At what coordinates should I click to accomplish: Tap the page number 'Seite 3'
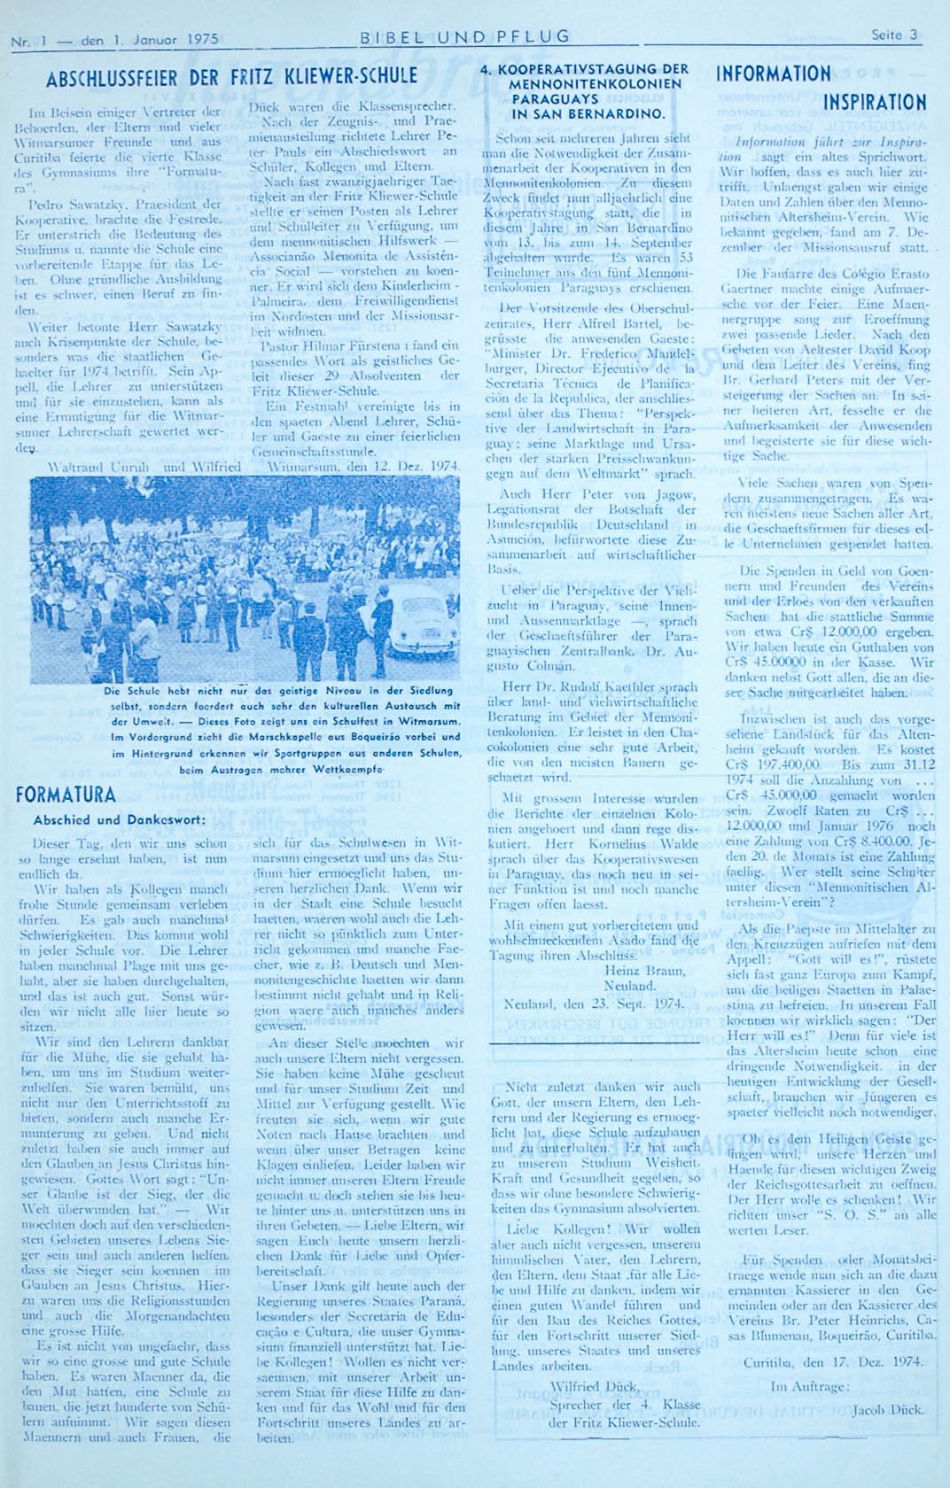point(893,36)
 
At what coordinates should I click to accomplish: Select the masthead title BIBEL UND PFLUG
point(464,37)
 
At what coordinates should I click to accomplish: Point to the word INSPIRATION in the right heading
point(874,103)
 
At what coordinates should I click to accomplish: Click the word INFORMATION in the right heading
point(773,74)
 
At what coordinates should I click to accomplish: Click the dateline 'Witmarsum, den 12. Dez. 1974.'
point(362,466)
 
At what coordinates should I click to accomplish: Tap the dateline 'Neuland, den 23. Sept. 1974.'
point(594,1004)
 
